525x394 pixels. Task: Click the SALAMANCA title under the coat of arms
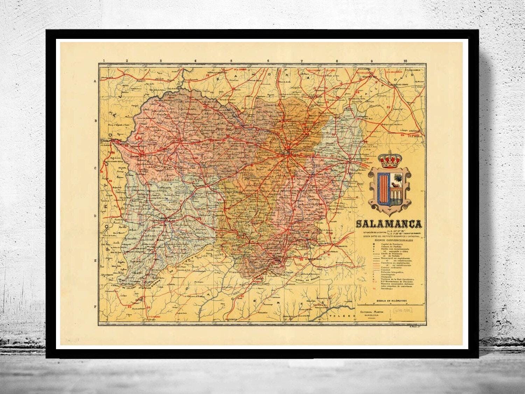389,224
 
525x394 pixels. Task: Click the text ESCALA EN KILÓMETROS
388,300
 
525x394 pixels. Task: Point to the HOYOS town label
138,300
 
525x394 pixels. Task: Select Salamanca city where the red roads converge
287,152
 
